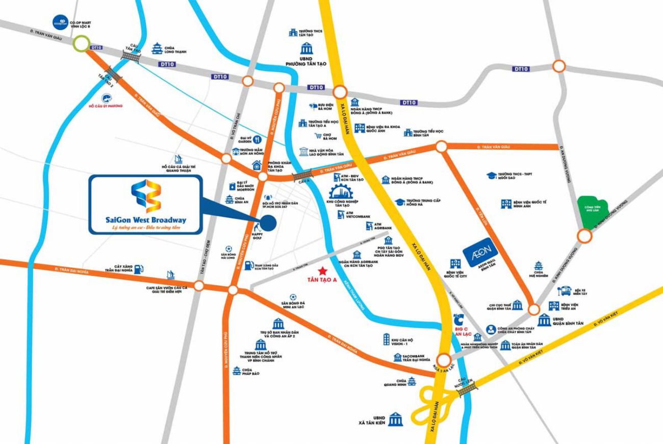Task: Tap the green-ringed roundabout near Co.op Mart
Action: point(80,44)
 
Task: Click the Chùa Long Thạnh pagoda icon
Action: point(157,48)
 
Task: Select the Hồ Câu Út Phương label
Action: point(107,106)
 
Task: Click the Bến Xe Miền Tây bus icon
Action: point(565,291)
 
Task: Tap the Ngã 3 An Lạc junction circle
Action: point(443,358)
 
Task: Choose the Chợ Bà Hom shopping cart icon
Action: point(318,136)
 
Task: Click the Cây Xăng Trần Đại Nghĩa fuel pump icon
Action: point(138,267)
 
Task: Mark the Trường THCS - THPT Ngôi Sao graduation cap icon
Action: point(491,176)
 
